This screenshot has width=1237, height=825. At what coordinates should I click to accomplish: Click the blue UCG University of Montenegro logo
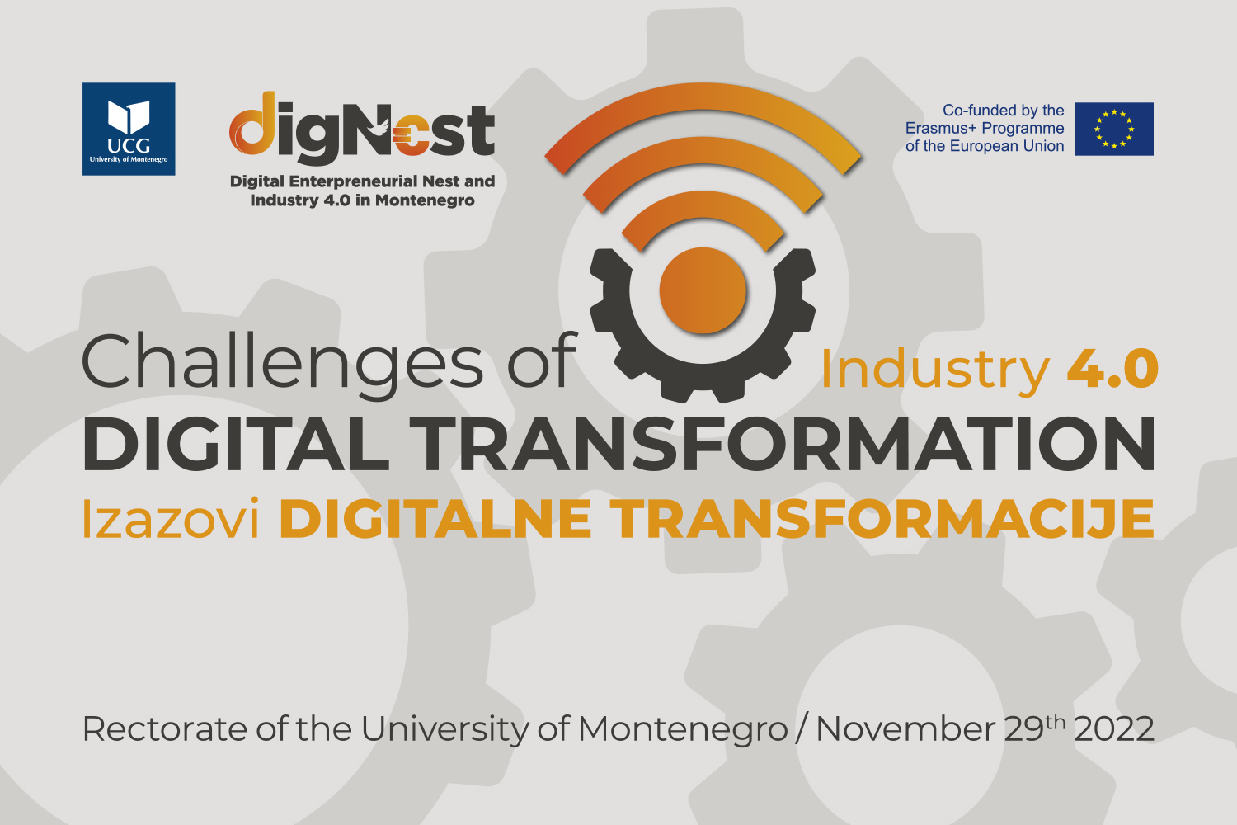point(129,130)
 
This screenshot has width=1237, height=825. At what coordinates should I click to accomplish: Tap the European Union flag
point(1114,129)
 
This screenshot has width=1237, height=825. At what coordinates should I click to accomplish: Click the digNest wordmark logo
point(362,129)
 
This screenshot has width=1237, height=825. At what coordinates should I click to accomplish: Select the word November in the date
point(906,729)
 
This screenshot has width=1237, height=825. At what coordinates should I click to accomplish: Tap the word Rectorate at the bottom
point(165,729)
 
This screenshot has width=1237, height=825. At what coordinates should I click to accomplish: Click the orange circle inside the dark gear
point(703,290)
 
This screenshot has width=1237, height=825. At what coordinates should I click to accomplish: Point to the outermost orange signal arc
point(703,95)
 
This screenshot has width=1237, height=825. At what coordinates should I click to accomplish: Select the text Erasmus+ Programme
point(985,128)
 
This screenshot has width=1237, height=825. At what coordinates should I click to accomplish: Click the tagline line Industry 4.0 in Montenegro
point(362,200)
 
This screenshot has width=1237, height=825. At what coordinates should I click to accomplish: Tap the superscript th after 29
point(1055,722)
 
